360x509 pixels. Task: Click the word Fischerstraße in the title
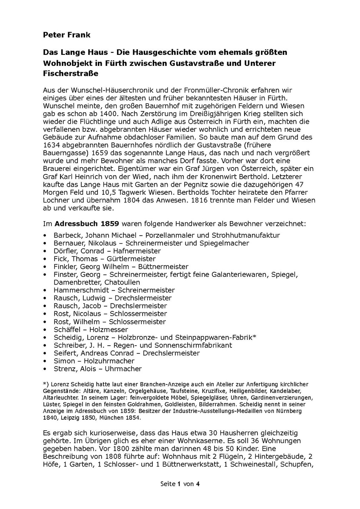pyautogui.click(x=71, y=74)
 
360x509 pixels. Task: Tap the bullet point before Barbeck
pyautogui.click(x=45, y=235)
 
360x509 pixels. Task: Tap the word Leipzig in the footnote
pyautogui.click(x=69, y=418)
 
